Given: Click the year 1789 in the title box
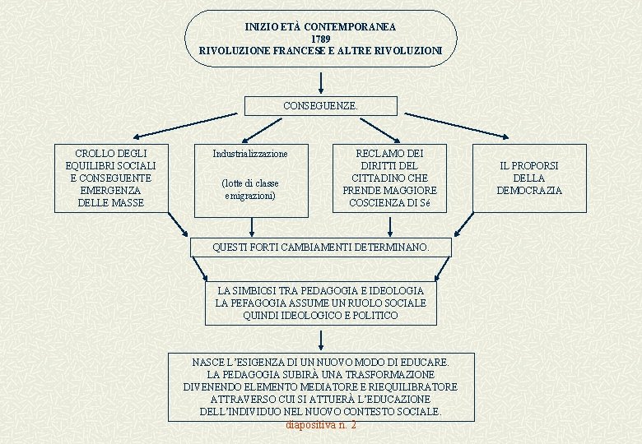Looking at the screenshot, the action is coord(320,39).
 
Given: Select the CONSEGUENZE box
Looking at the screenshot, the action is coord(320,106).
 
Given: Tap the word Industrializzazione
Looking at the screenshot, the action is coord(250,154).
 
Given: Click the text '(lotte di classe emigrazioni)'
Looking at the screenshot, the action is coord(250,189).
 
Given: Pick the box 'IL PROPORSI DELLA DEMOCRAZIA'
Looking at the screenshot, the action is coord(529,178).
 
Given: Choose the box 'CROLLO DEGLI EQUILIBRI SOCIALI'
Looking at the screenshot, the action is coord(111,178).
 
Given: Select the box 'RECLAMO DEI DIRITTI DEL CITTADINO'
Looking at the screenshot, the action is coord(389,178).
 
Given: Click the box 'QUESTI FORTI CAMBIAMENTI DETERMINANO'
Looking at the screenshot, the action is coord(320,247).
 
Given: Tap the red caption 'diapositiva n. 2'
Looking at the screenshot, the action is coord(320,425).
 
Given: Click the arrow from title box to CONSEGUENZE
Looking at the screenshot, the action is coord(320,81).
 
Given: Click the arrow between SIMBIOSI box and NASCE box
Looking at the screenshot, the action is coord(320,339).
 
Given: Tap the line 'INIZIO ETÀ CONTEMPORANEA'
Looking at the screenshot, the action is coord(320,27).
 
